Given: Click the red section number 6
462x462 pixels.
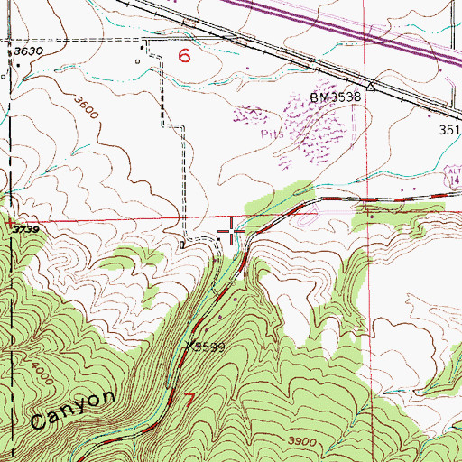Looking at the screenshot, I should [185, 56].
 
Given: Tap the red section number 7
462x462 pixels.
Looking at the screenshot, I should [188, 398].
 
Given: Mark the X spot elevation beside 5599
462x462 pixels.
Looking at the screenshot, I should [189, 345].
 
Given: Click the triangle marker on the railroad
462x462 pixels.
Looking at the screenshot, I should [369, 88].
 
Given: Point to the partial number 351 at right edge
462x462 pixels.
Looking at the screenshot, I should [450, 129].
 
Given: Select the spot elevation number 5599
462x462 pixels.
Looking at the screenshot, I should [208, 346].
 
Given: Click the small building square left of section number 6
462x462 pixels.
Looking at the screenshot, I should [138, 61].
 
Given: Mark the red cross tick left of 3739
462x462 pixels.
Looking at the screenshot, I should [8, 221].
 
